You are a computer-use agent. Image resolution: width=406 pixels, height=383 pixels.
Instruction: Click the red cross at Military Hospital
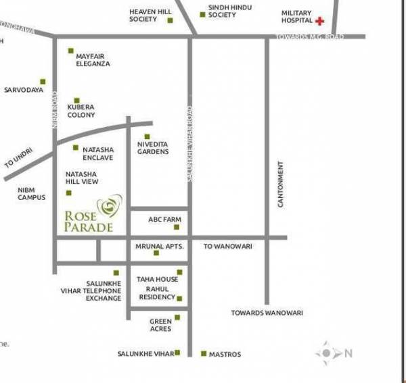(x=320, y=22)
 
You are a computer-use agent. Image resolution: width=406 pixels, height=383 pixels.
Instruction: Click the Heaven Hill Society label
(x=143, y=16)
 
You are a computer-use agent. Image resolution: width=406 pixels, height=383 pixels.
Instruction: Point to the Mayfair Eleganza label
(x=93, y=59)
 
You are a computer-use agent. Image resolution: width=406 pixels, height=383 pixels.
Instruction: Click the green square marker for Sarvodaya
(x=43, y=81)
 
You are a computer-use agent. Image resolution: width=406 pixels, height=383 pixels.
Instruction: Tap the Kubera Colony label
(x=81, y=111)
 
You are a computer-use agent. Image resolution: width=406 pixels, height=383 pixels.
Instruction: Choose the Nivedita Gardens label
(x=153, y=148)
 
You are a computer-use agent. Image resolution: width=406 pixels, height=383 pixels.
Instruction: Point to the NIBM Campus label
(x=32, y=194)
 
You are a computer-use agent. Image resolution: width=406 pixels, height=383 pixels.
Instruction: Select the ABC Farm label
(x=164, y=220)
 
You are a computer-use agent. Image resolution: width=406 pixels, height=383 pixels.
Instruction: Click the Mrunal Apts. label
(x=160, y=247)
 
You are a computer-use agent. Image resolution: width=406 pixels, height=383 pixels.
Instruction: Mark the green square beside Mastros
(x=203, y=353)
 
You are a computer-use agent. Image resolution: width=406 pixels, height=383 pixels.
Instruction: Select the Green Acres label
(x=160, y=325)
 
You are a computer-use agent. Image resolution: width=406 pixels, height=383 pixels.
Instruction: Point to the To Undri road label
(x=18, y=161)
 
